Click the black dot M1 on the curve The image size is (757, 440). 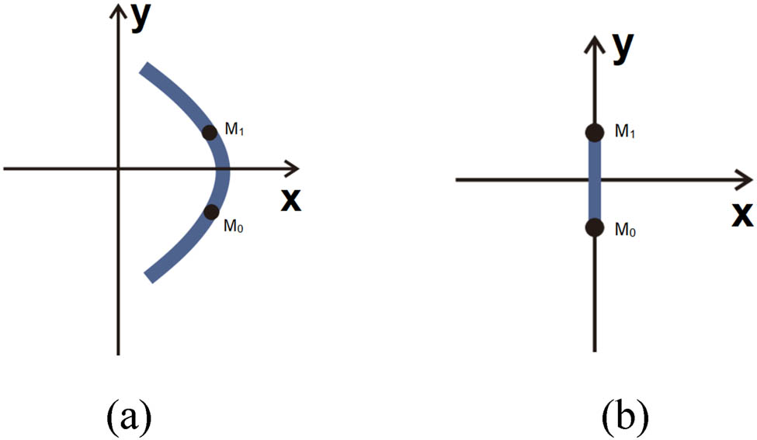(209, 132)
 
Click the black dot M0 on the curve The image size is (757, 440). (211, 211)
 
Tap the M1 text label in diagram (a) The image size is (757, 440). (235, 129)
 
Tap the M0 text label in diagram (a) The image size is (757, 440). (235, 227)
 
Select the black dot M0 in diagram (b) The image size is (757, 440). (594, 227)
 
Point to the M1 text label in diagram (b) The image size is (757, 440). (625, 132)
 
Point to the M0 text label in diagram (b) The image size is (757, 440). (625, 230)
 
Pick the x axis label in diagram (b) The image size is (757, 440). (741, 214)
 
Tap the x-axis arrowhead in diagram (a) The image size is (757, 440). (293, 168)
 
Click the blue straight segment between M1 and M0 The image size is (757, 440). (594, 180)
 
